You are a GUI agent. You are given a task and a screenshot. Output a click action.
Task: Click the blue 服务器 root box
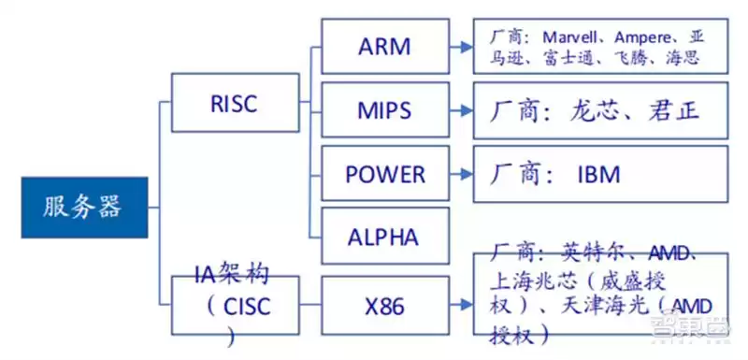(84, 207)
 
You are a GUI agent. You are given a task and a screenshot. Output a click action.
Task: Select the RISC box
(234, 103)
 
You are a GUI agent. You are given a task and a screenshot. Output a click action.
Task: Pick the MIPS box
(384, 111)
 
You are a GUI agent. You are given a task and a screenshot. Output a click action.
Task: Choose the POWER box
(384, 174)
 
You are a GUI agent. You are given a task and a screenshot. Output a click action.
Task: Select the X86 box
(384, 305)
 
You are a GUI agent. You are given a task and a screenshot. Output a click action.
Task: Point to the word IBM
(598, 175)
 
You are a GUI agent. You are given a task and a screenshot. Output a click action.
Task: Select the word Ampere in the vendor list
(650, 37)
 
